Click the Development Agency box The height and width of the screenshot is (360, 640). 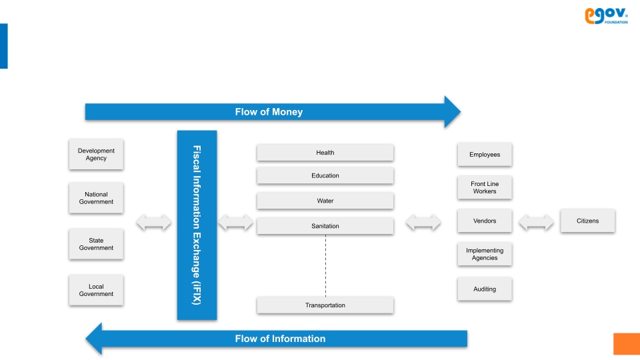tap(96, 154)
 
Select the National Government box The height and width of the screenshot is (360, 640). tap(96, 198)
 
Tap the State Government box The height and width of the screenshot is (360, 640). tap(96, 244)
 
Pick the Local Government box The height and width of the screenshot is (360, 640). tap(96, 290)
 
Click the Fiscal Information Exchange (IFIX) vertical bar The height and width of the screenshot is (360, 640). tap(197, 225)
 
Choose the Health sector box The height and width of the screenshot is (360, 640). tap(325, 153)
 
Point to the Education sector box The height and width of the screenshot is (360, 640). tap(325, 176)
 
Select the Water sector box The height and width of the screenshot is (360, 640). tap(325, 201)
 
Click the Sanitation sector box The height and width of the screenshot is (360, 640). tap(325, 226)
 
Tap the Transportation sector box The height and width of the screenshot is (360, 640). tap(325, 305)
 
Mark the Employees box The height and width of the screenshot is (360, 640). tap(485, 155)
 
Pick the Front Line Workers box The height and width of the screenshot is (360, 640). tap(485, 187)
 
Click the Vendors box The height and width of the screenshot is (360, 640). tap(485, 221)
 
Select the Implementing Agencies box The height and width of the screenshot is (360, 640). tap(485, 254)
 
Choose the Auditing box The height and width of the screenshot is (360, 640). tap(485, 289)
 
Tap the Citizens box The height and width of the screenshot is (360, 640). tap(587, 221)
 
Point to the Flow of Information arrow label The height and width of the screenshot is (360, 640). tap(280, 339)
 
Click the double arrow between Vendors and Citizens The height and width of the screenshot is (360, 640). tap(536, 223)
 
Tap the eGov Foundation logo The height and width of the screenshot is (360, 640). tap(606, 16)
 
